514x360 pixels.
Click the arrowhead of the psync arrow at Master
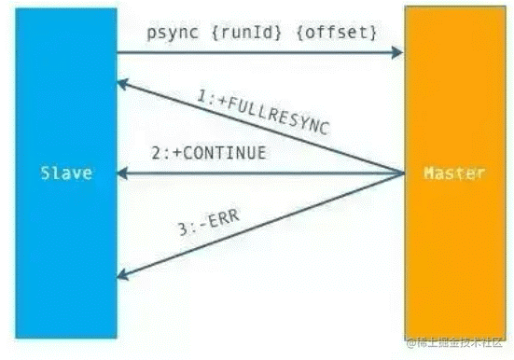click(397, 52)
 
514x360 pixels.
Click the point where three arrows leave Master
click(402, 173)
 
